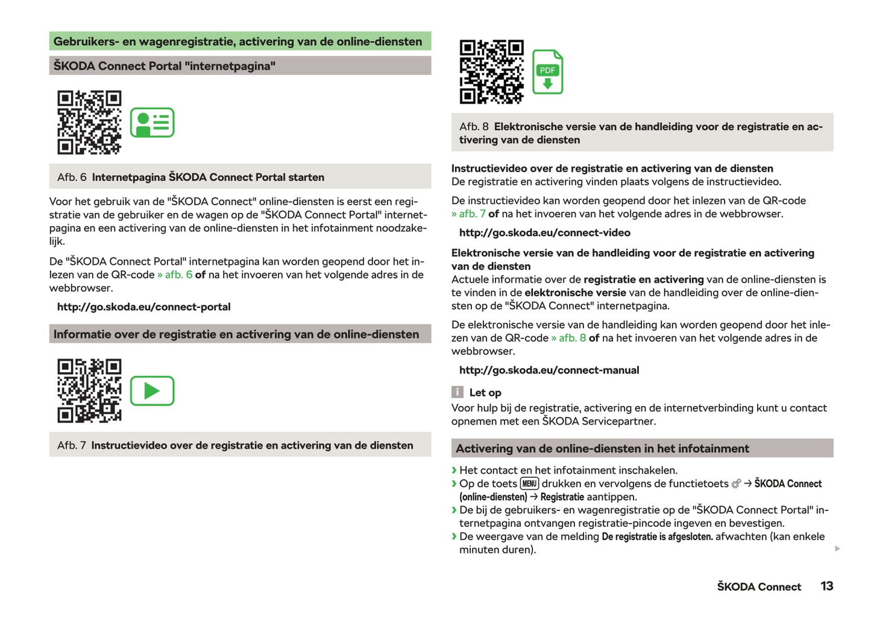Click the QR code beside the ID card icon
click(89, 122)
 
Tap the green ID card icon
click(153, 122)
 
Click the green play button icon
click(153, 391)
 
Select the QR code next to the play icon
click(89, 391)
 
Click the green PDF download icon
click(547, 72)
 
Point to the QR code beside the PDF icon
click(491, 72)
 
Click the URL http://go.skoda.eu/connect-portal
click(143, 307)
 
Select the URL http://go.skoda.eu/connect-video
click(544, 233)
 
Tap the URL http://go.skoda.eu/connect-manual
click(549, 370)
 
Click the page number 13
click(826, 586)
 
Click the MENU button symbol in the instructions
click(529, 484)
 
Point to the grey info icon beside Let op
click(458, 392)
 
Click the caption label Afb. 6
click(72, 177)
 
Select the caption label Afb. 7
click(71, 446)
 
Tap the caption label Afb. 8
click(473, 127)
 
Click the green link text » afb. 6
click(175, 275)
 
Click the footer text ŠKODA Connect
click(759, 587)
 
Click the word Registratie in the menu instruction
click(562, 497)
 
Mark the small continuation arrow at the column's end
click(837, 548)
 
